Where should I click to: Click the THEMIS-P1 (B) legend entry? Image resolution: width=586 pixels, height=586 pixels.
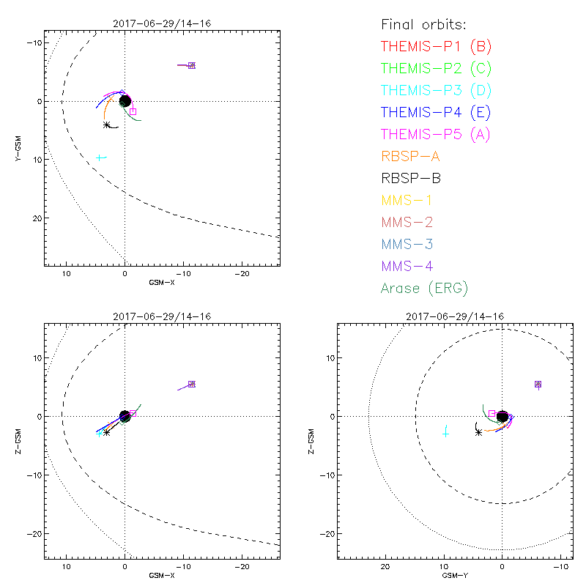(436, 47)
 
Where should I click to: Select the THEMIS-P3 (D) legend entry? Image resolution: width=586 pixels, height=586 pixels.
(436, 91)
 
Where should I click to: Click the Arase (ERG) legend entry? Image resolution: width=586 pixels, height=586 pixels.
(424, 288)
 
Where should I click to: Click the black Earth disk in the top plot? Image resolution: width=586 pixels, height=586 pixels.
(125, 101)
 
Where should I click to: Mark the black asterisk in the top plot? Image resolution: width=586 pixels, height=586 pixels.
(107, 125)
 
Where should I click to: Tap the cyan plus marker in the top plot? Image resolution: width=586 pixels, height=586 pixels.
(100, 157)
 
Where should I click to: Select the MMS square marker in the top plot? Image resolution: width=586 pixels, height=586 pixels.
(192, 66)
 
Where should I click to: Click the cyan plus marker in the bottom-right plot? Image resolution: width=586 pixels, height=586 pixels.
(445, 434)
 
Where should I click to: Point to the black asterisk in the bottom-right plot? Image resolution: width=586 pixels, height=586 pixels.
(478, 432)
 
